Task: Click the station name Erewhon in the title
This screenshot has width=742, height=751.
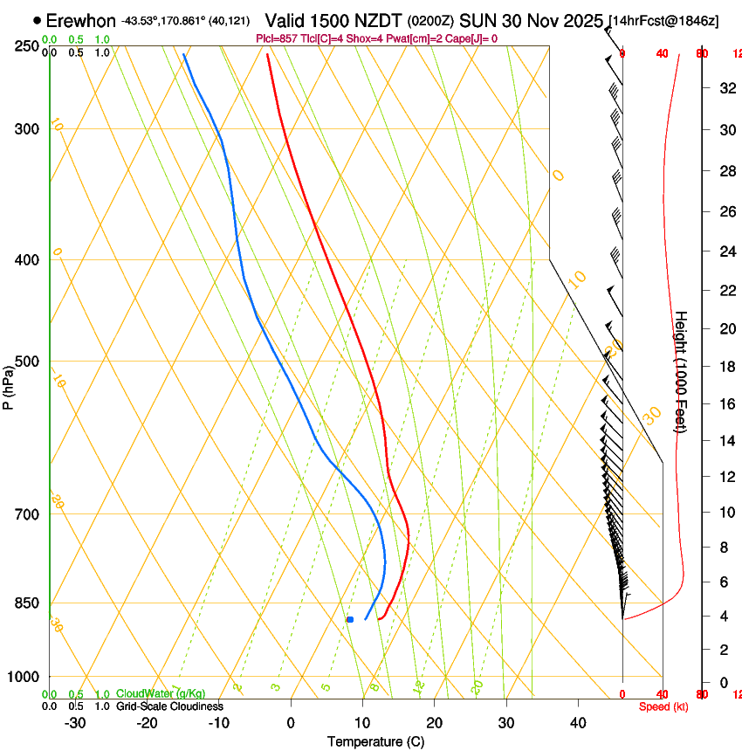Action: click(80, 20)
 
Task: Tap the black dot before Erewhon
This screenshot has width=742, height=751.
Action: click(37, 19)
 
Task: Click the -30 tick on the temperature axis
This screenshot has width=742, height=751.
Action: click(75, 722)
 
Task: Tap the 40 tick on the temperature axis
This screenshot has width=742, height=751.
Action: click(578, 722)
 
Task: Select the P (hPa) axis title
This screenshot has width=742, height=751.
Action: click(8, 384)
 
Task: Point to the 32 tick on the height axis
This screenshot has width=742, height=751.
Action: click(725, 88)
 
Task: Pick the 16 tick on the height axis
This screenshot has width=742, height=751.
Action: click(725, 403)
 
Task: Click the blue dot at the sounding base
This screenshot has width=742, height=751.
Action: click(350, 619)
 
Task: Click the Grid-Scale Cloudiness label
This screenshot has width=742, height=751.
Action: click(169, 706)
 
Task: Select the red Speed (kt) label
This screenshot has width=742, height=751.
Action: click(663, 706)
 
